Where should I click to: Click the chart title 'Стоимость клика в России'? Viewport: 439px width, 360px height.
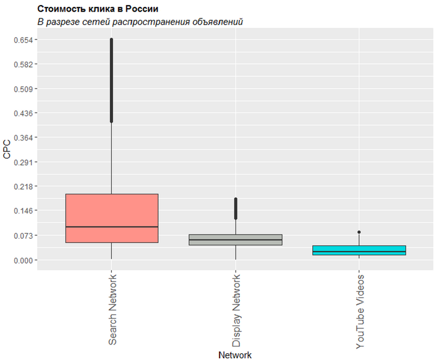(x=98, y=9)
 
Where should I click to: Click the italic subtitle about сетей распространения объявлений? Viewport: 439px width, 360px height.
(x=140, y=22)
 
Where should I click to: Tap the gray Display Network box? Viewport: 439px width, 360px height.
(x=236, y=240)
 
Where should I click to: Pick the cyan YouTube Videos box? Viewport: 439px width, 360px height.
(x=359, y=250)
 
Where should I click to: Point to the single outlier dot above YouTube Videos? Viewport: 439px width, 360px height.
(x=359, y=233)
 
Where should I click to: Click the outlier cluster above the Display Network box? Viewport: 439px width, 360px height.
(x=236, y=208)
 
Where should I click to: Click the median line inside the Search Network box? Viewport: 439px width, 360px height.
(x=112, y=227)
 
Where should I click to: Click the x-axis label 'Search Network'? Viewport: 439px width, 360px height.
(x=113, y=309)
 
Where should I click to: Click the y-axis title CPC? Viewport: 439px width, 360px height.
(x=7, y=150)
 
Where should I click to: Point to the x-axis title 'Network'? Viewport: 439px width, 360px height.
(x=235, y=355)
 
